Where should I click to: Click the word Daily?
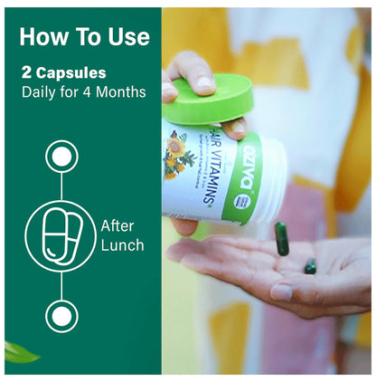pyautogui.click(x=39, y=91)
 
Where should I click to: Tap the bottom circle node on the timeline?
pyautogui.click(x=61, y=316)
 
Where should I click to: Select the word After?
pyautogui.click(x=118, y=226)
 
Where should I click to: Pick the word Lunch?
pyautogui.click(x=122, y=244)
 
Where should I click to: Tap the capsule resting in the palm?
pyautogui.click(x=310, y=265)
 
